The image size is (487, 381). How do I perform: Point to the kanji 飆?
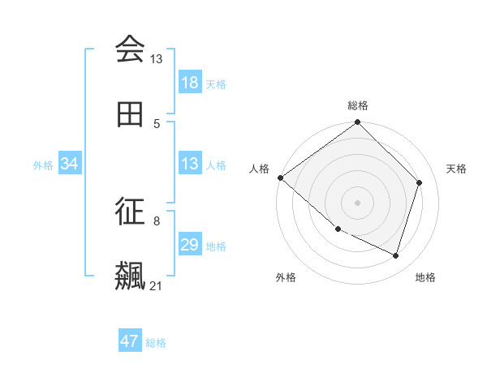pos(130,276)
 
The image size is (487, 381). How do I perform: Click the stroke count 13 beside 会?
pos(156,59)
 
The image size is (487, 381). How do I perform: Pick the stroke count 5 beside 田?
pos(157,124)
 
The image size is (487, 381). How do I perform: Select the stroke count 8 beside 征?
pos(157,220)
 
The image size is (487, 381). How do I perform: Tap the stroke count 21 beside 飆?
pos(156,286)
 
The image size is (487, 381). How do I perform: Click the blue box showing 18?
pos(190,83)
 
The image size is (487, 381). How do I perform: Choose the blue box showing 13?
pos(190,165)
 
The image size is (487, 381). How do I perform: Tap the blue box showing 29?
pos(190,246)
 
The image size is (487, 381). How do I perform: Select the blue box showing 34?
pos(70,165)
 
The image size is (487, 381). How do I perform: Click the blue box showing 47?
pos(130,341)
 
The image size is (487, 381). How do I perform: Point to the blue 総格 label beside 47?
pos(156,343)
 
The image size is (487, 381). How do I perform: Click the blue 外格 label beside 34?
pos(43,165)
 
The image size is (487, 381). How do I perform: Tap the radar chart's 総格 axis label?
pos(358,105)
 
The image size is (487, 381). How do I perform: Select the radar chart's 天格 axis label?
pos(456,169)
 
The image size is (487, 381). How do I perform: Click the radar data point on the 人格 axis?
pos(280,178)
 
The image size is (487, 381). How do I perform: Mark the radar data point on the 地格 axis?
pos(396,256)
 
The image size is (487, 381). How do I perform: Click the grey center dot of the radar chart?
pos(357,202)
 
